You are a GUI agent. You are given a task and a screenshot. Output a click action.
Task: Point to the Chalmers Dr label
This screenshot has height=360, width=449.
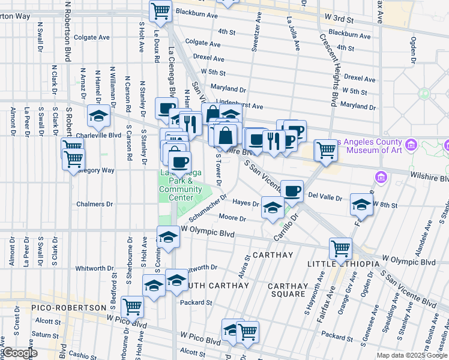point(94,204)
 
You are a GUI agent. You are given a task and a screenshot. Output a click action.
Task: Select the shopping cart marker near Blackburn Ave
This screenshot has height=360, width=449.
point(160,10)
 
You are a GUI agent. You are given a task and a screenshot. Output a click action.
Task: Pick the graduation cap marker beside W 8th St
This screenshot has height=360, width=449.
point(361,205)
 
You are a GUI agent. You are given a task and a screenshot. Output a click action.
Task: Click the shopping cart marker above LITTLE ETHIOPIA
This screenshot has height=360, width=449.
point(340,247)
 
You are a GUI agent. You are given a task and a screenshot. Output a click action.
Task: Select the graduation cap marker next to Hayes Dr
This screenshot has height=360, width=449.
point(273,208)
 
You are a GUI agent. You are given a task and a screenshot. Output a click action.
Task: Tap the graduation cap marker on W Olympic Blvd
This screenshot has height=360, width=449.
point(168,237)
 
